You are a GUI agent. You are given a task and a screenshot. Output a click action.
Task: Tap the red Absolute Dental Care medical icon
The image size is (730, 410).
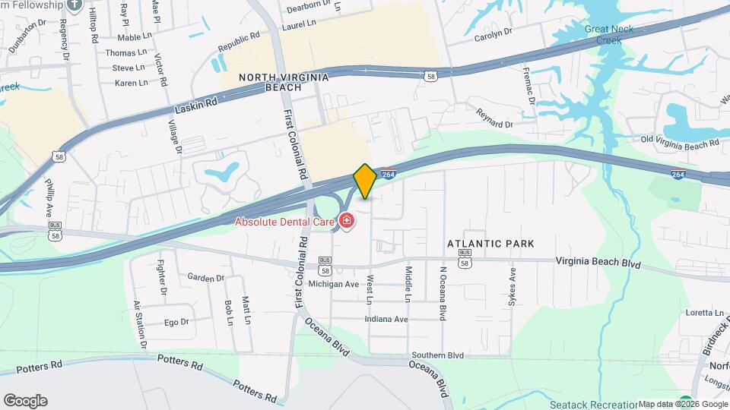[x=347, y=222]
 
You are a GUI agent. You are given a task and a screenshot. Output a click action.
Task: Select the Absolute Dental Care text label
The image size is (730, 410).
[x=286, y=222]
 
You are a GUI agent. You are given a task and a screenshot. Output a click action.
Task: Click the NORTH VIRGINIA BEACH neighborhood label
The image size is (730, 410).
[x=284, y=82]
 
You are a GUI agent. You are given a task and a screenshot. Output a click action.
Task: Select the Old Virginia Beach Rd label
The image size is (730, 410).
[x=679, y=142]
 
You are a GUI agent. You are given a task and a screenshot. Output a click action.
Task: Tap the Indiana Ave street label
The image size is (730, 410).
[x=386, y=319]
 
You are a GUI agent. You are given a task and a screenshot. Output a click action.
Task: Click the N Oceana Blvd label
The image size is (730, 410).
[x=441, y=292]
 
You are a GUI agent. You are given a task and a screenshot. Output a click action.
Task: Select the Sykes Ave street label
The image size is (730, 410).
[x=512, y=285]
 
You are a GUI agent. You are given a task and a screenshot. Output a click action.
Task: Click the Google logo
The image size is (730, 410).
[x=25, y=400]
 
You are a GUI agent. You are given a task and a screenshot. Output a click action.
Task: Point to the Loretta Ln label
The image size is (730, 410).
[x=704, y=312]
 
